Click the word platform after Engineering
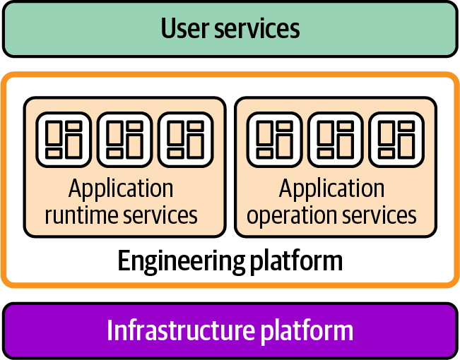click(x=297, y=261)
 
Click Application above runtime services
click(x=121, y=189)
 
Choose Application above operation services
click(x=331, y=189)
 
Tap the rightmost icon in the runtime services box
click(x=185, y=139)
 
